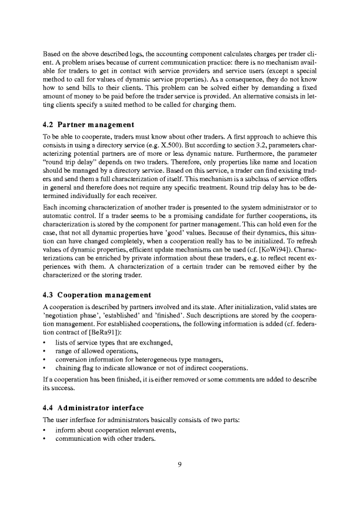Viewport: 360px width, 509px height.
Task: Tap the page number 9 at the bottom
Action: click(180, 464)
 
